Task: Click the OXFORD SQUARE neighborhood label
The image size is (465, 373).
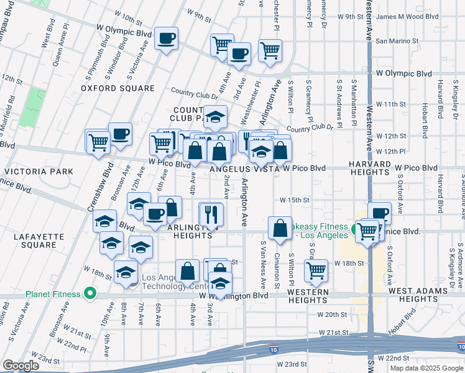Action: coord(117,88)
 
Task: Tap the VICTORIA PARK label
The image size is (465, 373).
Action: coord(39,171)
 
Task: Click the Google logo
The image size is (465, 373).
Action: coord(21,366)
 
